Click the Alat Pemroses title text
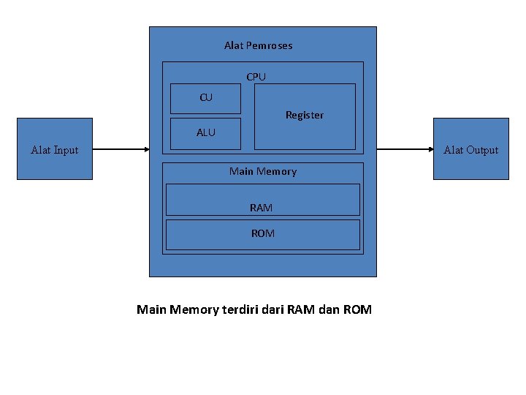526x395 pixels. click(x=258, y=45)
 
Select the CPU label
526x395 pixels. click(x=256, y=77)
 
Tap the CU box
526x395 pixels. click(x=205, y=99)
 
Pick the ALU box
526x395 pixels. click(x=205, y=132)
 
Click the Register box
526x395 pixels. click(x=305, y=116)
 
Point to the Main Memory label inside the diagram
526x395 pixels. click(x=263, y=171)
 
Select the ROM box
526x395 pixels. click(x=262, y=234)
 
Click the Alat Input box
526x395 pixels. click(x=55, y=149)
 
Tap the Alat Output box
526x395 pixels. click(x=471, y=149)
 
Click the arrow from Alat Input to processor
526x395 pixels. click(x=121, y=149)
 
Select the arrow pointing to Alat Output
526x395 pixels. click(x=405, y=149)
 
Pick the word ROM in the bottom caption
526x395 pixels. click(x=357, y=309)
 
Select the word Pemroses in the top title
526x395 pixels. click(x=269, y=45)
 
